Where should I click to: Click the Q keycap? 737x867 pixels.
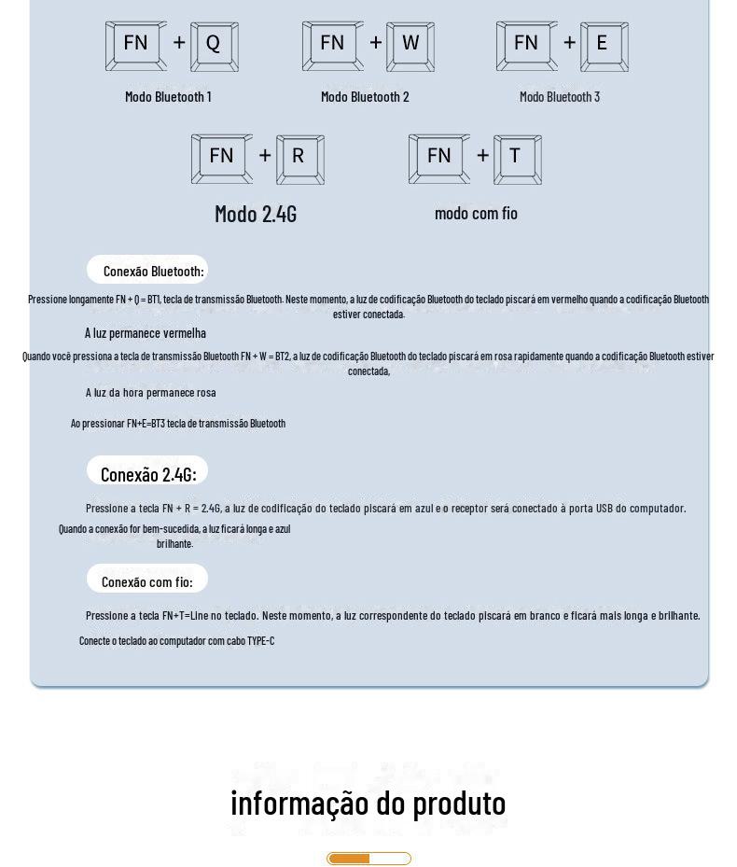tap(214, 46)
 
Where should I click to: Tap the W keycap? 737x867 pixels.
tap(410, 46)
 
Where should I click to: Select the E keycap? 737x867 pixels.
tap(604, 46)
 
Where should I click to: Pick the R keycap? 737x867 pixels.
tap(299, 159)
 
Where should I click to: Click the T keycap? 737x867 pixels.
tap(517, 159)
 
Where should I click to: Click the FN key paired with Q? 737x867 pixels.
tap(136, 46)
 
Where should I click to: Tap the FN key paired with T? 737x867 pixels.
tap(439, 159)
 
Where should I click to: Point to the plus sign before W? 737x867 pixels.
tap(376, 43)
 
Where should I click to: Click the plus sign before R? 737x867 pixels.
tap(265, 156)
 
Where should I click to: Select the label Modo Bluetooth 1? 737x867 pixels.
tap(168, 96)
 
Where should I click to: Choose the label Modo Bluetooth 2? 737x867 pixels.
tap(365, 96)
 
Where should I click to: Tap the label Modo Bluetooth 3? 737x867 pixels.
tap(560, 96)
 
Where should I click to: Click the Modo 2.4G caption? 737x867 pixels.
tap(256, 214)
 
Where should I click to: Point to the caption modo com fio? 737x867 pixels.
tap(476, 213)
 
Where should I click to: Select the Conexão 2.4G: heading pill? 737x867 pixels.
tap(147, 471)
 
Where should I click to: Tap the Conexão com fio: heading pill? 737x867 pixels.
tap(147, 580)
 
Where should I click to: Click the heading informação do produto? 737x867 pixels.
tap(368, 803)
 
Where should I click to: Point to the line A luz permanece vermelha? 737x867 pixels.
tap(146, 333)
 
